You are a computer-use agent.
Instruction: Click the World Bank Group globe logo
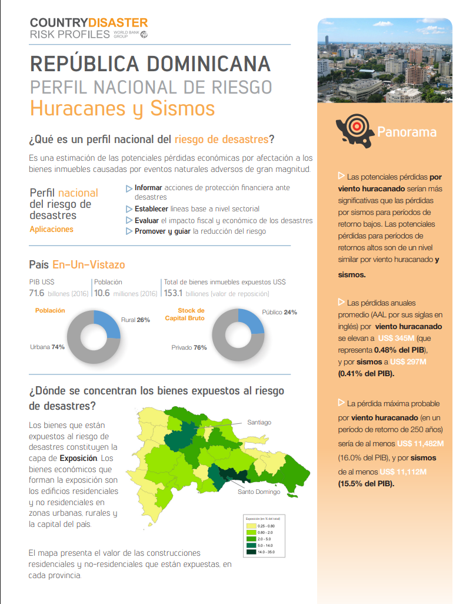pos(144,34)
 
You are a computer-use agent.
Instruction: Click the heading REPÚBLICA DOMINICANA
pos(150,64)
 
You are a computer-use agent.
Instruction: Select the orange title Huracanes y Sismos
pos(122,109)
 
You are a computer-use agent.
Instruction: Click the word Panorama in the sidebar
pos(407,131)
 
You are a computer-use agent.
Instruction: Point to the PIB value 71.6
pos(38,293)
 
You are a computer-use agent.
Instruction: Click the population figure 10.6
pos(102,293)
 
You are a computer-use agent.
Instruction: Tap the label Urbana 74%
pos(47,347)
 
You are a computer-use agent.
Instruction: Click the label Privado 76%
pos(189,347)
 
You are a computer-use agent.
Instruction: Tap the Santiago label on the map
pos(259,422)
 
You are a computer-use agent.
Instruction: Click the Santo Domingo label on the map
pos(259,492)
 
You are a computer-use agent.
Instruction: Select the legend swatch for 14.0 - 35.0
pos(251,552)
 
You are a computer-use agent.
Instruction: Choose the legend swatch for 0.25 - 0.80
pos(251,526)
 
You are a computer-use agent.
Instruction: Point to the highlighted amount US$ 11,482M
pos(420,443)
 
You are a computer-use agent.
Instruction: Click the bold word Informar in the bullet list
pos(148,188)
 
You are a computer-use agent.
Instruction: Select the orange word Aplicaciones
pos(52,229)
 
